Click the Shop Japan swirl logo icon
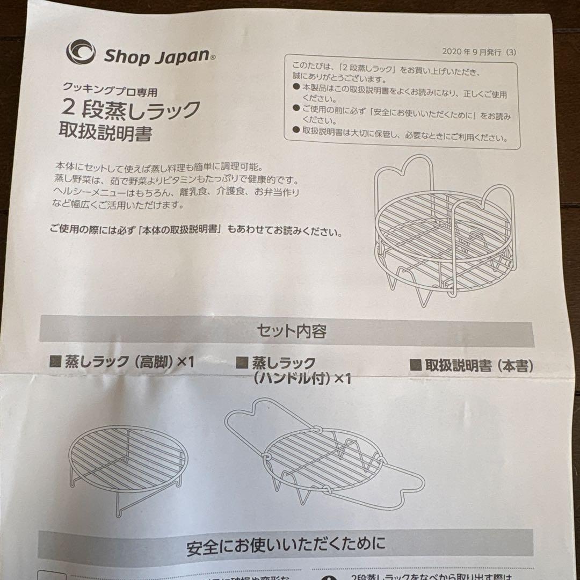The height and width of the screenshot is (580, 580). (81, 52)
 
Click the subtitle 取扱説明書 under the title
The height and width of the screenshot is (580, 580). (106, 134)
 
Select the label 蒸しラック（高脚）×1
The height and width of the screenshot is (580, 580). (128, 362)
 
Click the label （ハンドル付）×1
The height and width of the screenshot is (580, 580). (301, 379)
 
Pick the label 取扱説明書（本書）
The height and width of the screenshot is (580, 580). (479, 366)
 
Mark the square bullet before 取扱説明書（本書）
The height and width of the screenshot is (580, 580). (415, 366)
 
